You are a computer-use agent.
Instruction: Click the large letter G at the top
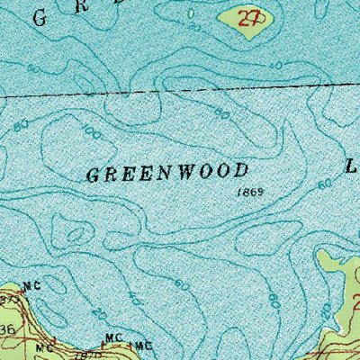point(37,15)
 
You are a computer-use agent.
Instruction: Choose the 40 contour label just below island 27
point(274,66)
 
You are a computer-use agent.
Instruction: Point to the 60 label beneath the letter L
point(325,184)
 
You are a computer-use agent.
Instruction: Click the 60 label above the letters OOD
point(221,112)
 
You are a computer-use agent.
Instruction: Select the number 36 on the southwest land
point(8,331)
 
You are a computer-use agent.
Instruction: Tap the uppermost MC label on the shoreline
point(32,287)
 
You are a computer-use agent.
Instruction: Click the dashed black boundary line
point(180,92)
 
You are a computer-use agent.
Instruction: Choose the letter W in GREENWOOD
point(184,173)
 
